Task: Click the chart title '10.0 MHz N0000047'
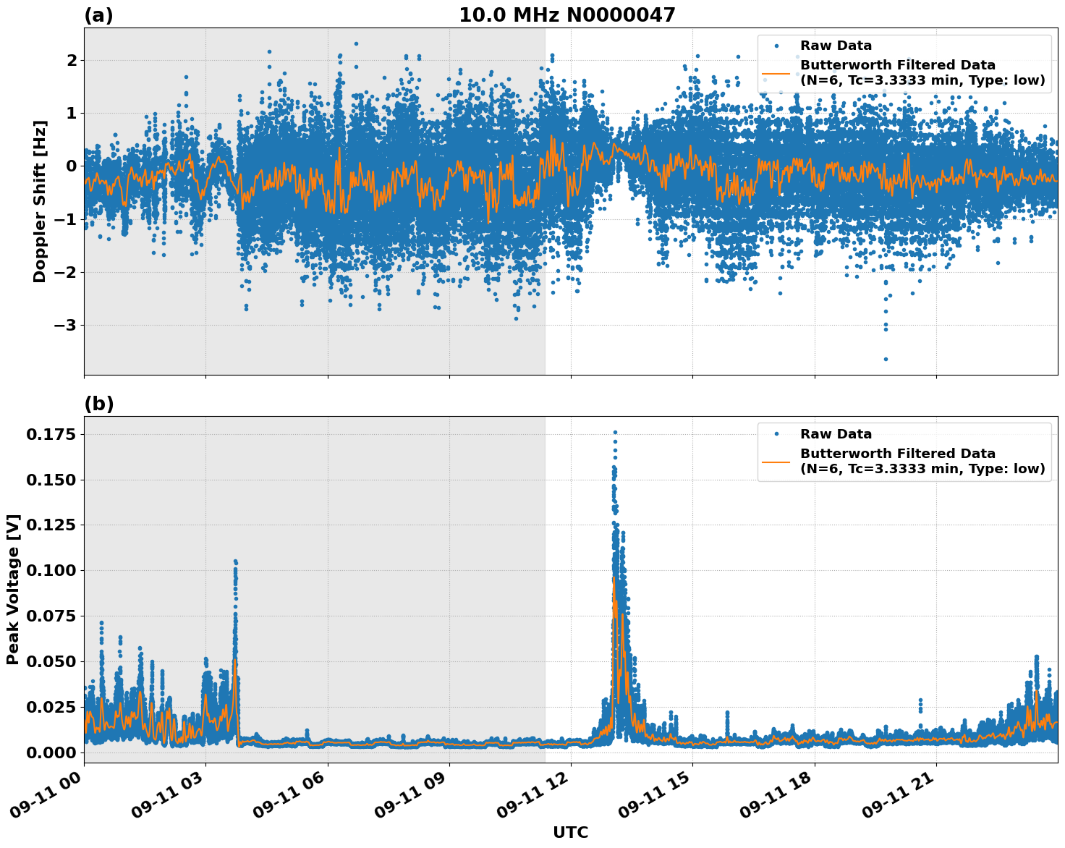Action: pyautogui.click(x=567, y=15)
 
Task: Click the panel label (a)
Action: pyautogui.click(x=98, y=15)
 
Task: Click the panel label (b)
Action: pyautogui.click(x=98, y=404)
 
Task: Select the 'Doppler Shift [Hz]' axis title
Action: pyautogui.click(x=40, y=201)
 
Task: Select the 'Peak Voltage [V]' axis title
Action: pyautogui.click(x=13, y=589)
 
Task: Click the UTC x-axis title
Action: pyautogui.click(x=570, y=832)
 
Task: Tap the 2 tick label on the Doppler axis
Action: pyautogui.click(x=71, y=60)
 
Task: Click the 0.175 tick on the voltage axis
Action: pyautogui.click(x=51, y=434)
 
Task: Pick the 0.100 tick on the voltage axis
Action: pyautogui.click(x=51, y=571)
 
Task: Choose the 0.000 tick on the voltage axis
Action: pyautogui.click(x=51, y=752)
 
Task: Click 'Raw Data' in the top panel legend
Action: pyautogui.click(x=836, y=46)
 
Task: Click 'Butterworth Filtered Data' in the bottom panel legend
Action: pyautogui.click(x=897, y=454)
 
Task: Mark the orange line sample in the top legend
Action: pyautogui.click(x=776, y=72)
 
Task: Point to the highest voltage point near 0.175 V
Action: pyautogui.click(x=615, y=432)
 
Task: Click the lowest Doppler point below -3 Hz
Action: pyautogui.click(x=886, y=359)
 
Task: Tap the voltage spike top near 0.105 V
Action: pyautogui.click(x=235, y=561)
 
